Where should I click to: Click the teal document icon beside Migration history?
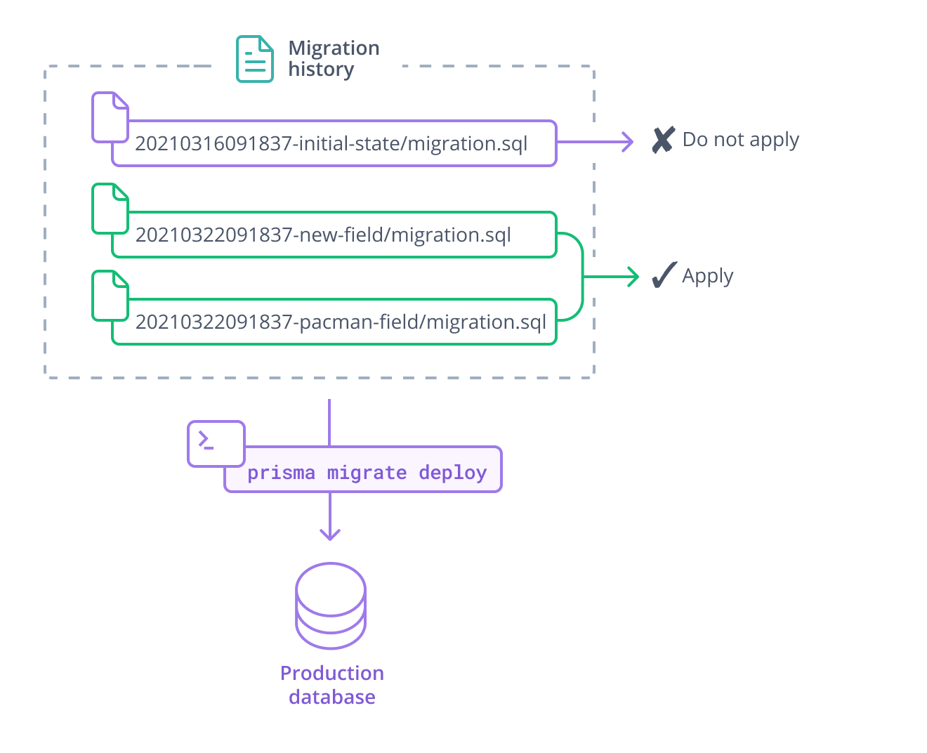pos(254,59)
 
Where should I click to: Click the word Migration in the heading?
pos(334,48)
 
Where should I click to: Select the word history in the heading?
pos(321,70)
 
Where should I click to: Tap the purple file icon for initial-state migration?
pos(110,117)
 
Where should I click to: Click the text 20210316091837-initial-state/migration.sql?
pos(331,144)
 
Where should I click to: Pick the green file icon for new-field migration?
pos(110,208)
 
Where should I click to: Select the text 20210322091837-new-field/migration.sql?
pos(323,235)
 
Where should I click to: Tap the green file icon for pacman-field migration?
pos(110,296)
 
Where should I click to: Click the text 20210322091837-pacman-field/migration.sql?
pos(341,322)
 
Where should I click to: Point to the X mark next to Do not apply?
pos(663,140)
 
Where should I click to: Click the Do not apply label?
pos(741,140)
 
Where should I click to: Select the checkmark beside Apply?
pos(664,275)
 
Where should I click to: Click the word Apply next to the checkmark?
pos(707,275)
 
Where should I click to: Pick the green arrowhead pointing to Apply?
pos(633,277)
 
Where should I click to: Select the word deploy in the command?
pos(452,473)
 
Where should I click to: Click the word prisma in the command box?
pos(281,473)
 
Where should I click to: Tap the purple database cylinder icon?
pos(331,605)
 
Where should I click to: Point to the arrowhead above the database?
pos(330,534)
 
